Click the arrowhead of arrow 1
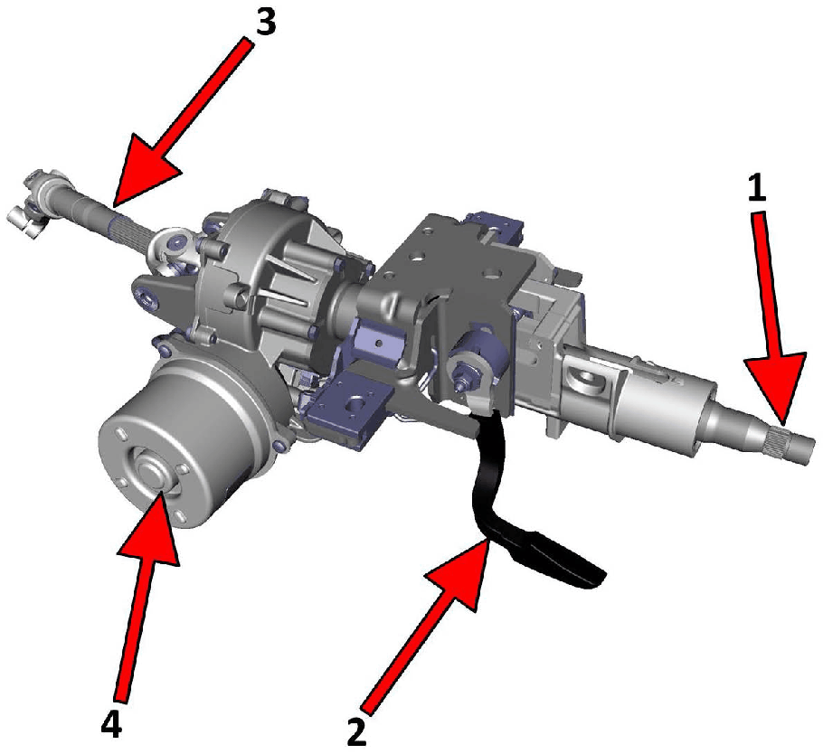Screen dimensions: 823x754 pyautogui.click(x=776, y=387)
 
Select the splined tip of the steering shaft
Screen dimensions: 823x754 pyautogui.click(x=791, y=442)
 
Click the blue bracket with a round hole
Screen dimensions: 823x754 pyautogui.click(x=350, y=403)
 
